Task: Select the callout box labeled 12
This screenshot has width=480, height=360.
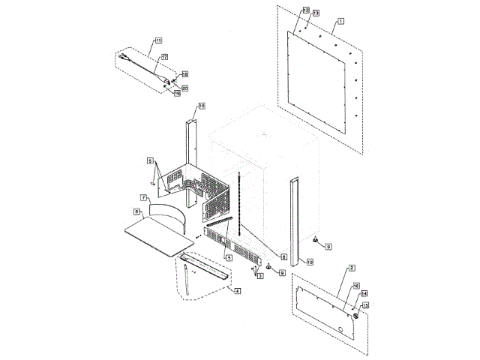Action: coord(305,10)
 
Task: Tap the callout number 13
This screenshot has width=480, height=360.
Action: coord(316,13)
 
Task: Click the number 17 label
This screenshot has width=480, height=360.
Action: coord(163,58)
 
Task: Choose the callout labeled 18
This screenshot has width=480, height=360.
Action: coord(184,74)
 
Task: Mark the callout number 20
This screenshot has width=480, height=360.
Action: coord(184,88)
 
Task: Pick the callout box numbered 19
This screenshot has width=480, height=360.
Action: coord(178,93)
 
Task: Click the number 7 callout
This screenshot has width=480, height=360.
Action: coord(145,196)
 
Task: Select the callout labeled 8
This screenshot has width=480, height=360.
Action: coord(137,212)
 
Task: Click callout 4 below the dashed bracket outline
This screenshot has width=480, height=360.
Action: coord(237,290)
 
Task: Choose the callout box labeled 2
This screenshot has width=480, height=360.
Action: coord(352,268)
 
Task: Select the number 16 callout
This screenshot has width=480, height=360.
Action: coord(355,286)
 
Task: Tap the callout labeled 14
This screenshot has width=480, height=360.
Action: coord(364,295)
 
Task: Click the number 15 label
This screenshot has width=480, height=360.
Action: coord(365,305)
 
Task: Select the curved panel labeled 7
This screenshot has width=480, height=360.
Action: coord(169,211)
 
